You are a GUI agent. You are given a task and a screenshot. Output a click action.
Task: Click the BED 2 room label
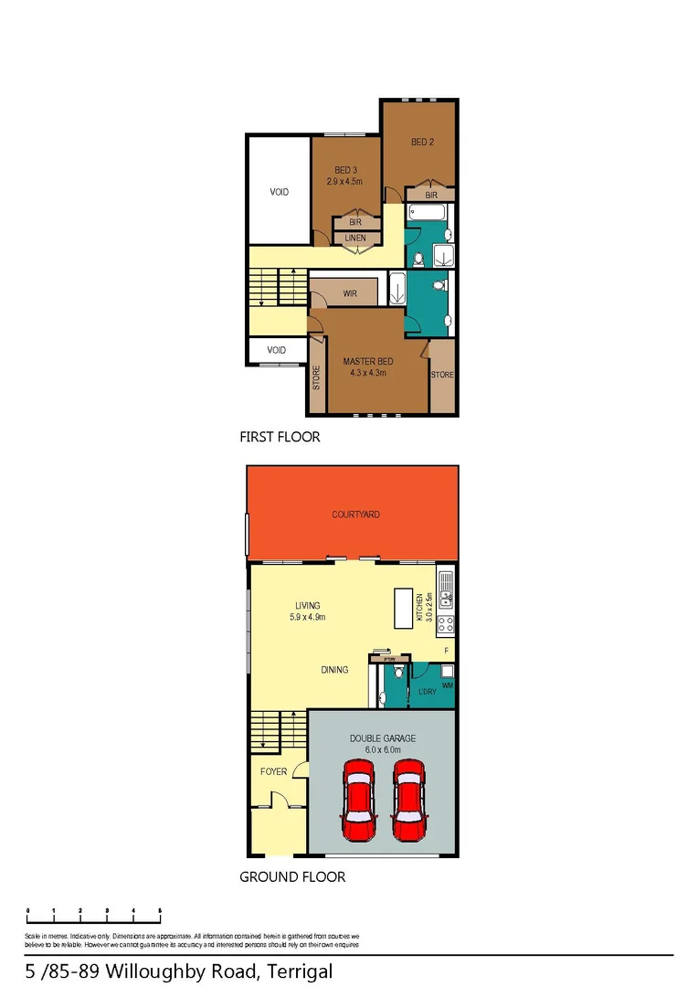coord(422,142)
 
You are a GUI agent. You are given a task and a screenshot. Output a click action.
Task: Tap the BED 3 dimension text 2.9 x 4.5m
coord(345,181)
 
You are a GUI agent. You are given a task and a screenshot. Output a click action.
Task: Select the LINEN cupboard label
coord(355,239)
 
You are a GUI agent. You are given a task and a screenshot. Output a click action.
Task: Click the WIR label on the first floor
coord(349,294)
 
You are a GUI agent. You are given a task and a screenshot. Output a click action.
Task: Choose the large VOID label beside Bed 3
coord(279,192)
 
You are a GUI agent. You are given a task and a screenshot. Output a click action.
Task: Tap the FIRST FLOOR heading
coord(280,437)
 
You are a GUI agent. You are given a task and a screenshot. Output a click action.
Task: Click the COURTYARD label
coord(356,515)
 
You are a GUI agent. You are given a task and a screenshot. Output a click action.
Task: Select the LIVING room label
coord(307,605)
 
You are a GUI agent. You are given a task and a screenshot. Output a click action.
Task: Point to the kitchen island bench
coord(402,607)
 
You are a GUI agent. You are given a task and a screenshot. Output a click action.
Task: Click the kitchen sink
coord(445,591)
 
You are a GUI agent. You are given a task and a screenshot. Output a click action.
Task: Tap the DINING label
coord(334,670)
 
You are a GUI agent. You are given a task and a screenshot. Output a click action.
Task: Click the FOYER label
coord(273,772)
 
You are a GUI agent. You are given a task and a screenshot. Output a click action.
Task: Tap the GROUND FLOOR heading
coord(292,876)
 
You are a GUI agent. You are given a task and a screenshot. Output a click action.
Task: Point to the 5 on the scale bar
coord(160,911)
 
